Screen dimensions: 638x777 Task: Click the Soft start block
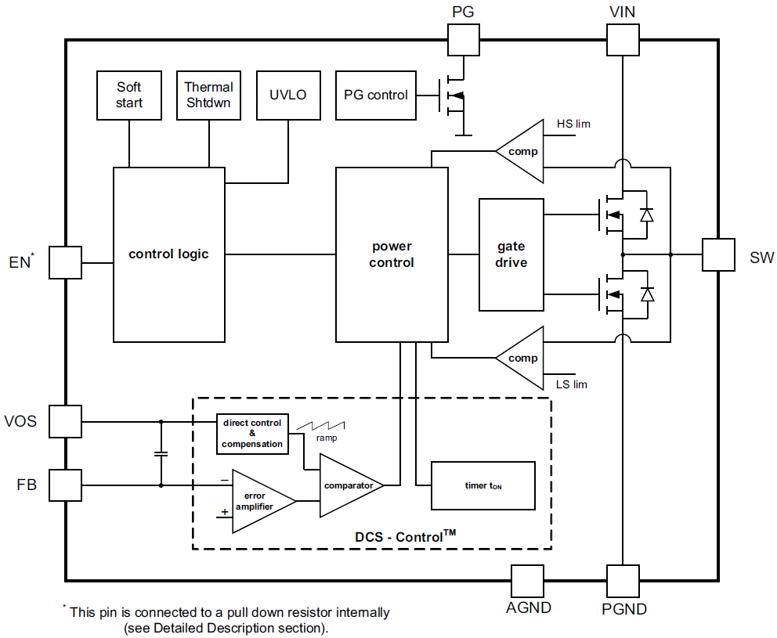click(129, 95)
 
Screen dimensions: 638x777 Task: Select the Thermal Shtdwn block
click(208, 95)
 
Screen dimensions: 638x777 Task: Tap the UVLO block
click(288, 95)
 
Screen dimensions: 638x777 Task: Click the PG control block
click(376, 95)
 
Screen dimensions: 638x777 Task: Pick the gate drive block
click(511, 254)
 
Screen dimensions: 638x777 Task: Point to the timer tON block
click(482, 485)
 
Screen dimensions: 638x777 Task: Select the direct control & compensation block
click(252, 434)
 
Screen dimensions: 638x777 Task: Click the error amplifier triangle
click(259, 501)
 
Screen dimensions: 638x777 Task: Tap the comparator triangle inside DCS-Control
click(348, 485)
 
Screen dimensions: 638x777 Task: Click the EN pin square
click(65, 262)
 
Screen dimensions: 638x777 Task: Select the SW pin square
click(718, 254)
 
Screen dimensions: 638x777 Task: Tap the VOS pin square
click(65, 421)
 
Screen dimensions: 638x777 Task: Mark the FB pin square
click(65, 485)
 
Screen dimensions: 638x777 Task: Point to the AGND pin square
click(526, 582)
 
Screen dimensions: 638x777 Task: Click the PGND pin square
click(623, 582)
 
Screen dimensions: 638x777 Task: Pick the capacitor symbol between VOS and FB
click(161, 453)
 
